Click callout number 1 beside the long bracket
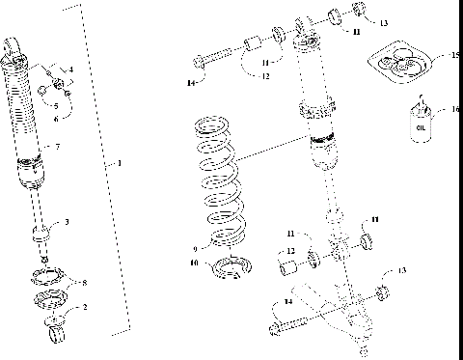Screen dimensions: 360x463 click(x=119, y=163)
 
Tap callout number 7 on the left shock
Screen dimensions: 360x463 click(x=58, y=147)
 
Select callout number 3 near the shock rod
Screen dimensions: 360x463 click(x=67, y=222)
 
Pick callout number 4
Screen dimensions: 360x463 click(x=69, y=70)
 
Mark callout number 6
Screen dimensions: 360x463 click(x=68, y=120)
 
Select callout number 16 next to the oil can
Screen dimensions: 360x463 click(x=443, y=110)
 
